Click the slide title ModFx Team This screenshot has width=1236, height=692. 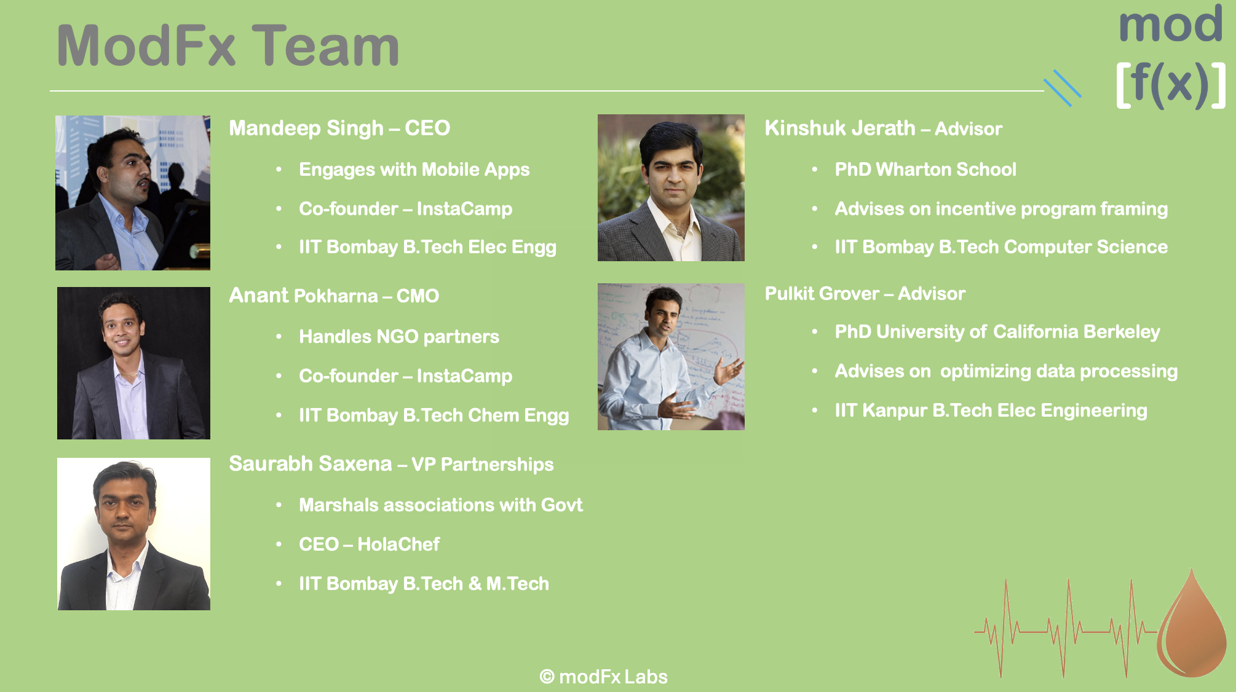228,45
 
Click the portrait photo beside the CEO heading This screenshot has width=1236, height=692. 133,193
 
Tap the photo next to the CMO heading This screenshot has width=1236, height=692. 133,363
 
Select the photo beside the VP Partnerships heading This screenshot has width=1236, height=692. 133,534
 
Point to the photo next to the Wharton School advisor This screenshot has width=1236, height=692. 671,187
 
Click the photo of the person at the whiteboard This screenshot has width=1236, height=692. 671,356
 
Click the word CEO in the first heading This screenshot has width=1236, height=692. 427,128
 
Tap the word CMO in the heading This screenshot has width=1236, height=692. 418,296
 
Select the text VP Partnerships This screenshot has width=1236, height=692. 482,465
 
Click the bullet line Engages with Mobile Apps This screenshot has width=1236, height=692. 414,170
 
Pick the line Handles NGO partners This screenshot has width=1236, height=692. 399,337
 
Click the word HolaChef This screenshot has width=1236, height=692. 398,545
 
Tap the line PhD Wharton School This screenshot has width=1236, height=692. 925,170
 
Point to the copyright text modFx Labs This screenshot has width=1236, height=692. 603,677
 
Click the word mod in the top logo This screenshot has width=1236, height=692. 1170,25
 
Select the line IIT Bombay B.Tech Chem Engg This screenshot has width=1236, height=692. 434,416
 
